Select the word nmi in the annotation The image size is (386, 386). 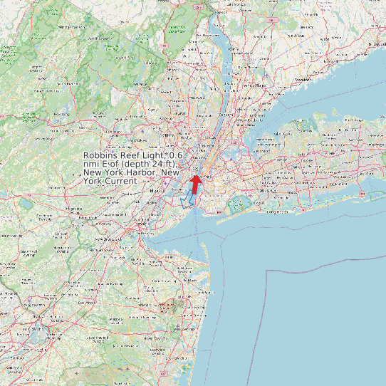93,164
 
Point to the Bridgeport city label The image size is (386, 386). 375,43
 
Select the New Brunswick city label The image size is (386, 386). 107,240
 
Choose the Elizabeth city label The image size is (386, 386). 157,191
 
